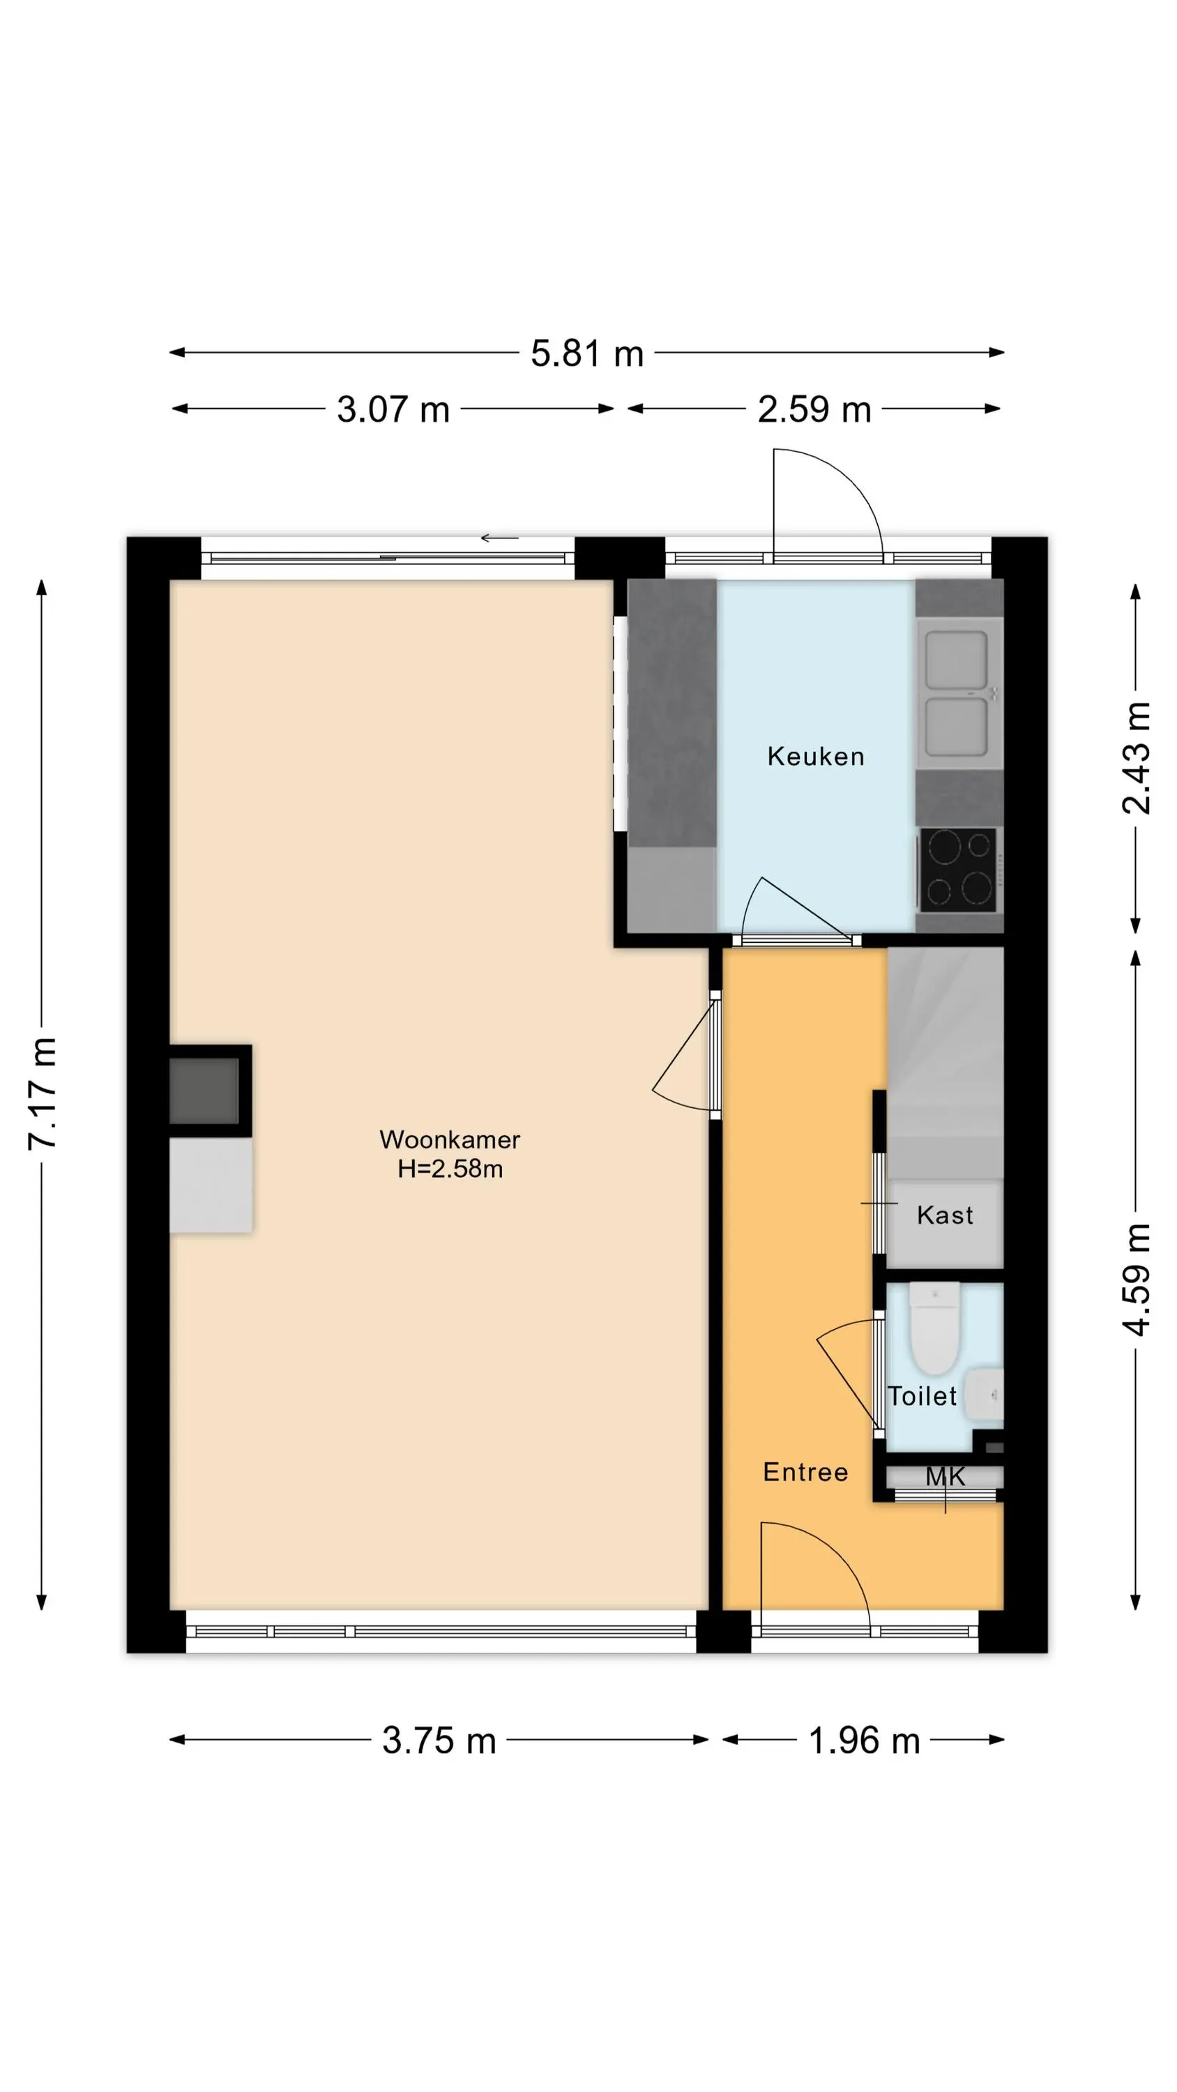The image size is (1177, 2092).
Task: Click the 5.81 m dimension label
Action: (x=586, y=354)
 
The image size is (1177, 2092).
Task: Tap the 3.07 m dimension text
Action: (x=393, y=409)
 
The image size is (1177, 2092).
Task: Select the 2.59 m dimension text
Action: (x=814, y=409)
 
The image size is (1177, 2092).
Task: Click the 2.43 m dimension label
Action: (x=1137, y=758)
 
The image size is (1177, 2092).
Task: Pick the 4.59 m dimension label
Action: (x=1137, y=1279)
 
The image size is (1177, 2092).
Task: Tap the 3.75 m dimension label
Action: (x=439, y=1741)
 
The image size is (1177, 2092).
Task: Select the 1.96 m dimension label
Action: (x=864, y=1741)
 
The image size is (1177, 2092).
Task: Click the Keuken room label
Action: (x=816, y=757)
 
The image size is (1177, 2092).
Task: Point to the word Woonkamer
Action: (x=450, y=1139)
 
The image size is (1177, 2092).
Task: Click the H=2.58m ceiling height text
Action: (x=450, y=1169)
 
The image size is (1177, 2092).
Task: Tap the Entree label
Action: (x=805, y=1472)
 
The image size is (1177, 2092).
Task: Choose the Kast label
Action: (x=945, y=1215)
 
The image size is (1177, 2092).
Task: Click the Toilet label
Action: (x=922, y=1396)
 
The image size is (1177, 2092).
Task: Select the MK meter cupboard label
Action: (x=946, y=1476)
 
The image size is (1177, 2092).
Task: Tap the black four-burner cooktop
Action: (x=959, y=870)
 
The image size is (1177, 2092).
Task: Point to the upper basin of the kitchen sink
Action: (x=957, y=660)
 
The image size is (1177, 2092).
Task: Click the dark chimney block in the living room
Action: (x=205, y=1091)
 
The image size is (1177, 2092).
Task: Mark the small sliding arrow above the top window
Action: (x=499, y=538)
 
